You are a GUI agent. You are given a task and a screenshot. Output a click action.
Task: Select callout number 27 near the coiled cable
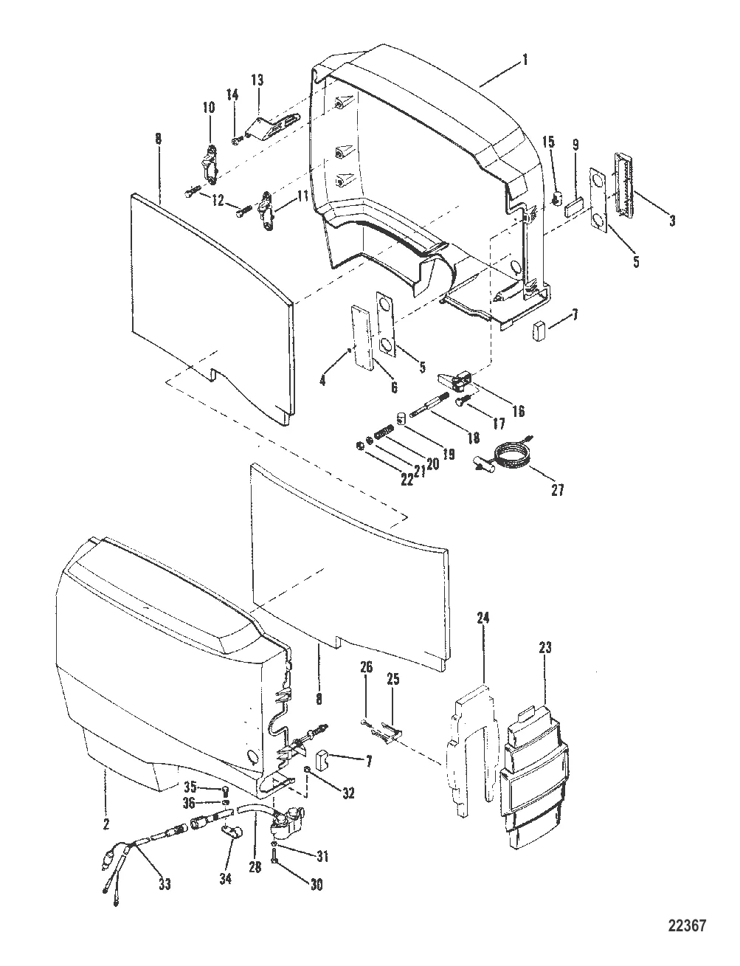(x=557, y=490)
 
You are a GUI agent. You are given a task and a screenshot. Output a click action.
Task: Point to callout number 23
(x=545, y=648)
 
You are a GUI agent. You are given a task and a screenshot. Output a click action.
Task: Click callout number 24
(x=483, y=618)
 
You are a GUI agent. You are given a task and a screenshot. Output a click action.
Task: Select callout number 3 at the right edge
(x=672, y=220)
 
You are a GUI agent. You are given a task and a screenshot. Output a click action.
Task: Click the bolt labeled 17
(x=461, y=401)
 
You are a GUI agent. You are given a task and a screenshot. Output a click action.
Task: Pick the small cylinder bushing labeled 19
(x=401, y=418)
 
